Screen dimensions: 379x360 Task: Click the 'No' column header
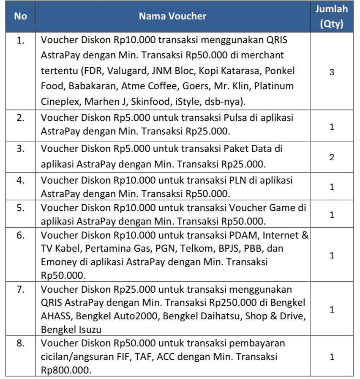click(x=20, y=16)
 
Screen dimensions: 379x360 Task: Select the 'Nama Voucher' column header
click(x=172, y=16)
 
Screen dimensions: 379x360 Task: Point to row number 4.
click(x=20, y=180)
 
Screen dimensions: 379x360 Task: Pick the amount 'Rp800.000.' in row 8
click(x=63, y=370)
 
